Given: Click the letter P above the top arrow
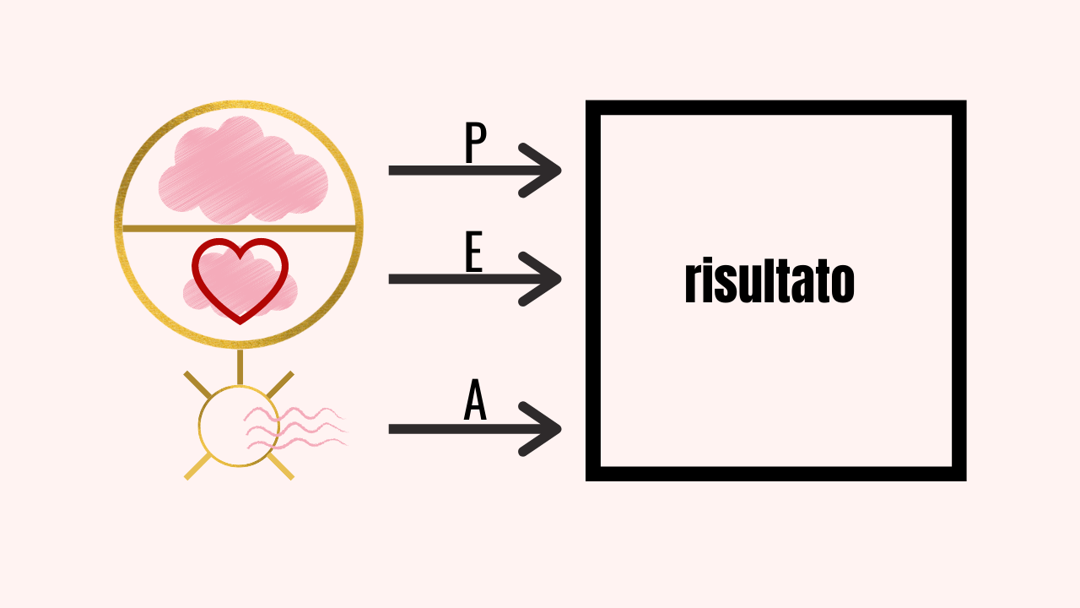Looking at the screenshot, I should click(x=476, y=144).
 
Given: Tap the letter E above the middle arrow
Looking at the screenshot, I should click(x=474, y=252).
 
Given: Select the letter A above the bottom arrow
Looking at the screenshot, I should click(x=476, y=402).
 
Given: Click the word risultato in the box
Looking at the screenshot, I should click(x=769, y=282).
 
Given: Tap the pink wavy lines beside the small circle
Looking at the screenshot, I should click(x=295, y=427).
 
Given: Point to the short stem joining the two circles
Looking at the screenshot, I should click(x=240, y=366).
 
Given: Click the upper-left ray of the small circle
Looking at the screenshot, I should click(x=197, y=384).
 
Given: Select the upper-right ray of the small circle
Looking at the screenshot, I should click(x=282, y=384).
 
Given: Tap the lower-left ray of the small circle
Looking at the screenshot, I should click(x=197, y=467).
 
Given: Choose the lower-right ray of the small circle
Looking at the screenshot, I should click(x=282, y=467).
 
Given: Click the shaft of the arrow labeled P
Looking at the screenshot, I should click(x=456, y=171).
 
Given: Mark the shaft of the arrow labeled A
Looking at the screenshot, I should click(x=456, y=429).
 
